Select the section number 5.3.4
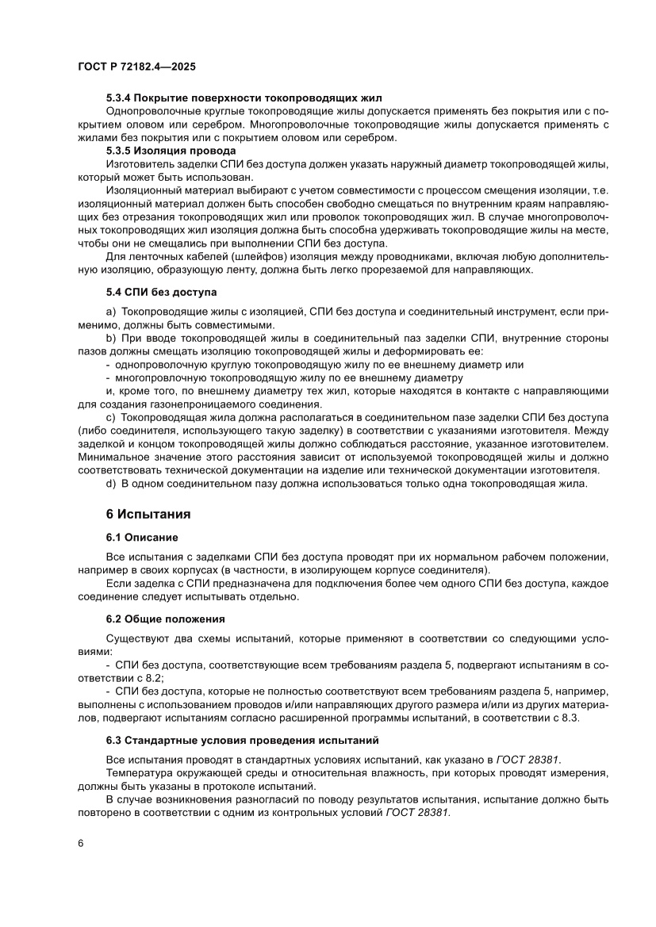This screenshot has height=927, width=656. pos(120,98)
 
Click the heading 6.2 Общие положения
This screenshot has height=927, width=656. pos(166,618)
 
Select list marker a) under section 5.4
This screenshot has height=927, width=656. pos(111,313)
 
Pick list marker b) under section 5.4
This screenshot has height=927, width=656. pos(111,339)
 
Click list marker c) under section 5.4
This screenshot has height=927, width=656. pos(111,416)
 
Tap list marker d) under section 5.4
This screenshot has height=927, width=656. pos(111,485)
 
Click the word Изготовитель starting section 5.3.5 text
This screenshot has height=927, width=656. pos(136,163)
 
